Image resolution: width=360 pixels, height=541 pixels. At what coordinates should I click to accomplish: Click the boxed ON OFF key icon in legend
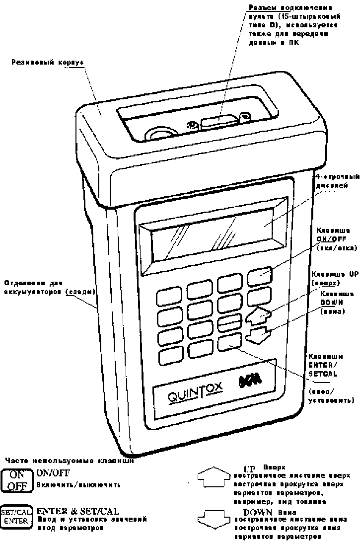(x=17, y=480)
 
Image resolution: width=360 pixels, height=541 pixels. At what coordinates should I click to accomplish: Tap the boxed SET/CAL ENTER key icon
(x=16, y=517)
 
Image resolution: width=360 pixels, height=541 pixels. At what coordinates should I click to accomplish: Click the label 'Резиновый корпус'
(x=48, y=63)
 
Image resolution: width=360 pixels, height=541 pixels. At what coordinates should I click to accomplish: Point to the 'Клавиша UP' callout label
(x=334, y=278)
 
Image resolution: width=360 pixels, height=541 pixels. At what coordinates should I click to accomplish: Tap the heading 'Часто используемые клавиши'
(x=69, y=461)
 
